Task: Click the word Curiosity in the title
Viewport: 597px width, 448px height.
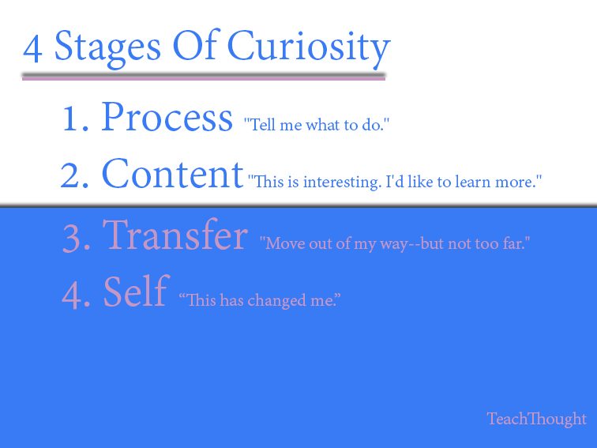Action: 309,47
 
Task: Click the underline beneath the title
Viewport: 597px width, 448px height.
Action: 204,77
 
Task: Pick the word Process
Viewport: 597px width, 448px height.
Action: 167,117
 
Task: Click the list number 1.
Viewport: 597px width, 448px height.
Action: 75,119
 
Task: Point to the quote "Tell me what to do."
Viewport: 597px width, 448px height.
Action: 317,125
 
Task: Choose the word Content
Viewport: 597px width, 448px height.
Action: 172,174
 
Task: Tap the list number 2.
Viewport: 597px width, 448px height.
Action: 74,175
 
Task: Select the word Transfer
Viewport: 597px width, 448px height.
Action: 175,235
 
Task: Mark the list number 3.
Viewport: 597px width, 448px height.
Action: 76,239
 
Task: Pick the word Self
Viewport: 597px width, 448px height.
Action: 137,292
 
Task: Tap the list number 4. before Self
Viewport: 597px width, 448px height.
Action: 76,295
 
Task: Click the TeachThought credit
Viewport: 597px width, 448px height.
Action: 537,419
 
